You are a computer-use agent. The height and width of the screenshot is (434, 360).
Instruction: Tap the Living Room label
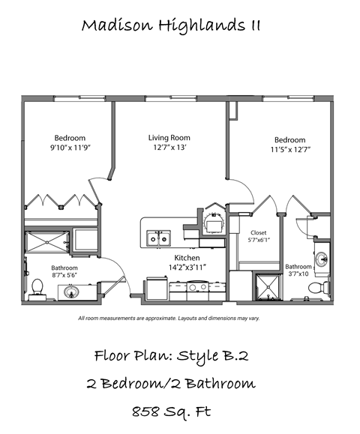tap(169, 138)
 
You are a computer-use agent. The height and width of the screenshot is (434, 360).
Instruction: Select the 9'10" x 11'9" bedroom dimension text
tap(70, 148)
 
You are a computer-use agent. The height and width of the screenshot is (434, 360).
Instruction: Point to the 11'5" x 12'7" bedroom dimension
tap(289, 150)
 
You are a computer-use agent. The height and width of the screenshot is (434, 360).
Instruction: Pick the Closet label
tap(258, 233)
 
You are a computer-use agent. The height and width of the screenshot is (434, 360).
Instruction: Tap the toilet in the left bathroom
tap(37, 289)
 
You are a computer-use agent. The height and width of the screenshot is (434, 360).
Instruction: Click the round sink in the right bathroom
tap(321, 260)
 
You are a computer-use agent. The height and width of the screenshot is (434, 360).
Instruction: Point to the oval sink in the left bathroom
tap(73, 293)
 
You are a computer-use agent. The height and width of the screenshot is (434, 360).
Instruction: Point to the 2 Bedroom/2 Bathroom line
tap(170, 383)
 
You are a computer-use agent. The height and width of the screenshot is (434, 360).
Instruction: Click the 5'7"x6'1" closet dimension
tap(258, 241)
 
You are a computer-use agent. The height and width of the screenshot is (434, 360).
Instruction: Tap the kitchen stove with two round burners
tap(197, 286)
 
